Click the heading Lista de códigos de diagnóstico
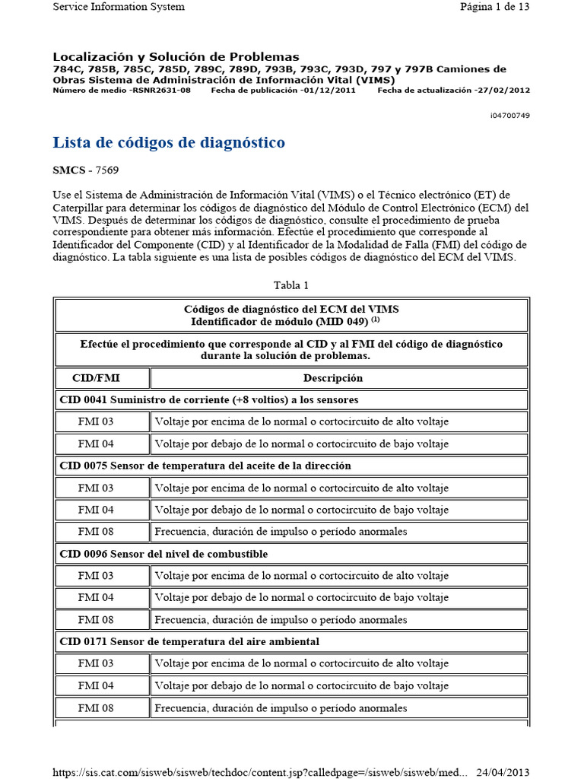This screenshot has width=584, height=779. pyautogui.click(x=168, y=142)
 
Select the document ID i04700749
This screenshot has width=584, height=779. pyautogui.click(x=509, y=116)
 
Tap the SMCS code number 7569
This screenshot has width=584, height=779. pyautogui.click(x=106, y=170)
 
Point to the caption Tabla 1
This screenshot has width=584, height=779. pyautogui.click(x=291, y=285)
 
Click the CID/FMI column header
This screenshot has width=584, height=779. pyautogui.click(x=96, y=378)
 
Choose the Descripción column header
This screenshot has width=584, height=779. pyautogui.click(x=333, y=378)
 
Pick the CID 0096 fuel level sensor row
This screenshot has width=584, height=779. pyautogui.click(x=163, y=554)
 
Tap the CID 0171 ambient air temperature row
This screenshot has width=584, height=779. pyautogui.click(x=189, y=642)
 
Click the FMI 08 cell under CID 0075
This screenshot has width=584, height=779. pyautogui.click(x=96, y=532)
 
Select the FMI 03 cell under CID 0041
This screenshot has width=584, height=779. pyautogui.click(x=96, y=421)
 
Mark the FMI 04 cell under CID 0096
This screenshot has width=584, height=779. pyautogui.click(x=96, y=597)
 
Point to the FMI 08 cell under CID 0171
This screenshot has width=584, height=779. pyautogui.click(x=96, y=708)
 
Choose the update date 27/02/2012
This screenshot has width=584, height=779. pyautogui.click(x=503, y=91)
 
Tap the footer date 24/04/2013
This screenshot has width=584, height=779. pyautogui.click(x=502, y=772)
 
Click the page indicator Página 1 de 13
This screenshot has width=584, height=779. pyautogui.click(x=494, y=7)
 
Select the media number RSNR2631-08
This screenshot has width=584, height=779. pyautogui.click(x=161, y=91)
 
